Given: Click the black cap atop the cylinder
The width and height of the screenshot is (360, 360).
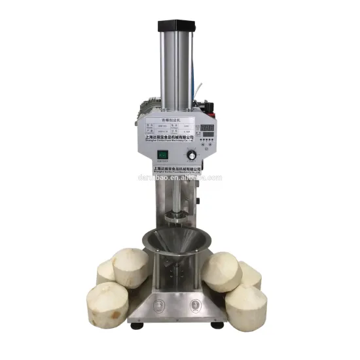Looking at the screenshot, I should click(177, 27).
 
